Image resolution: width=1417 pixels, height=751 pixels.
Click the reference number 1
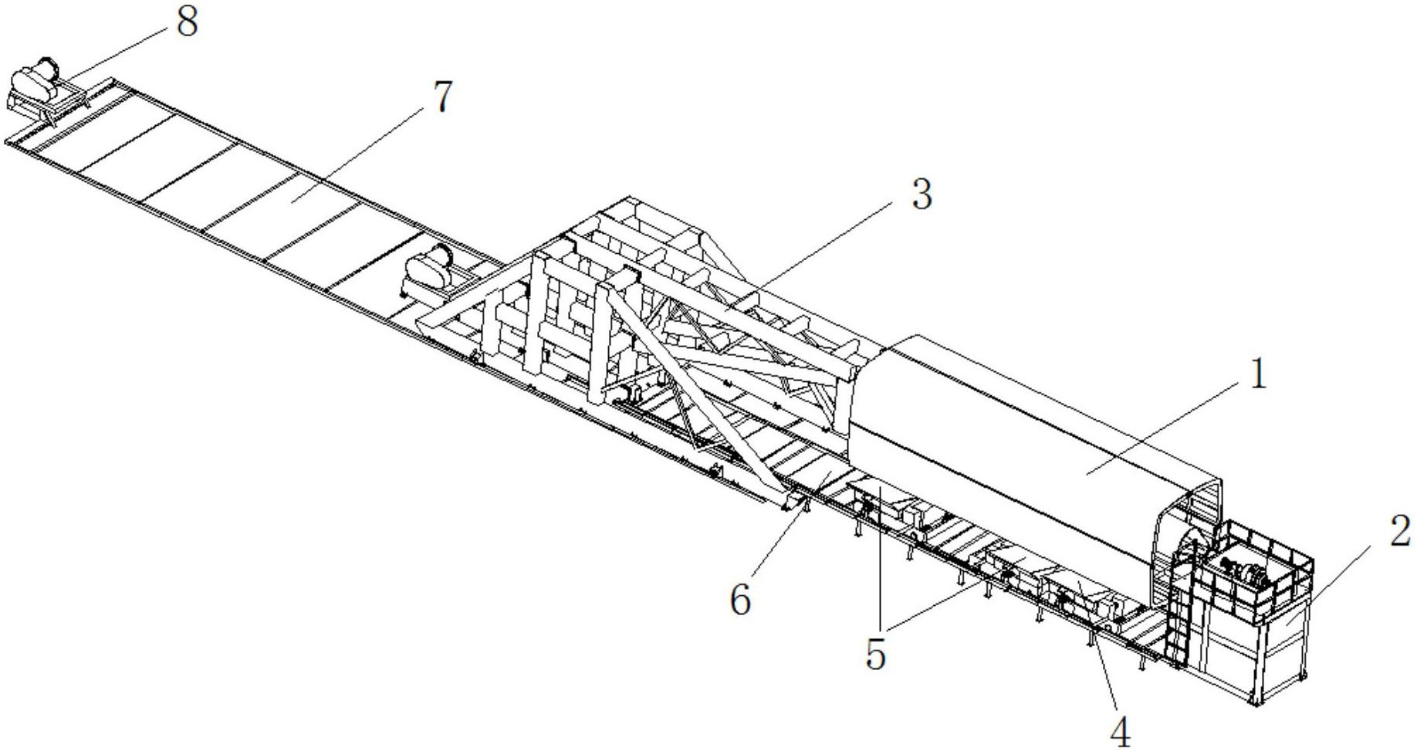click(x=1257, y=375)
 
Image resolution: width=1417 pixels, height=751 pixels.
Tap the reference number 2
click(x=1399, y=532)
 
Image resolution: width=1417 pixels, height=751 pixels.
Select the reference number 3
click(x=922, y=195)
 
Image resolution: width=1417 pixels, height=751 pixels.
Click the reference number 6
click(x=740, y=600)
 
